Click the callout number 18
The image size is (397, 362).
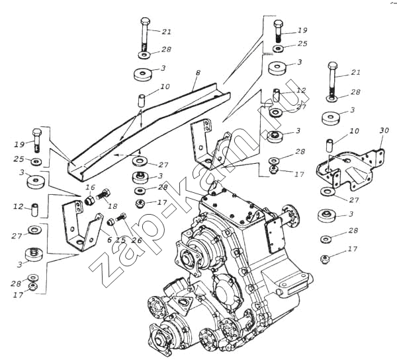113,205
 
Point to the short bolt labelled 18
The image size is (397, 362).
103,196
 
